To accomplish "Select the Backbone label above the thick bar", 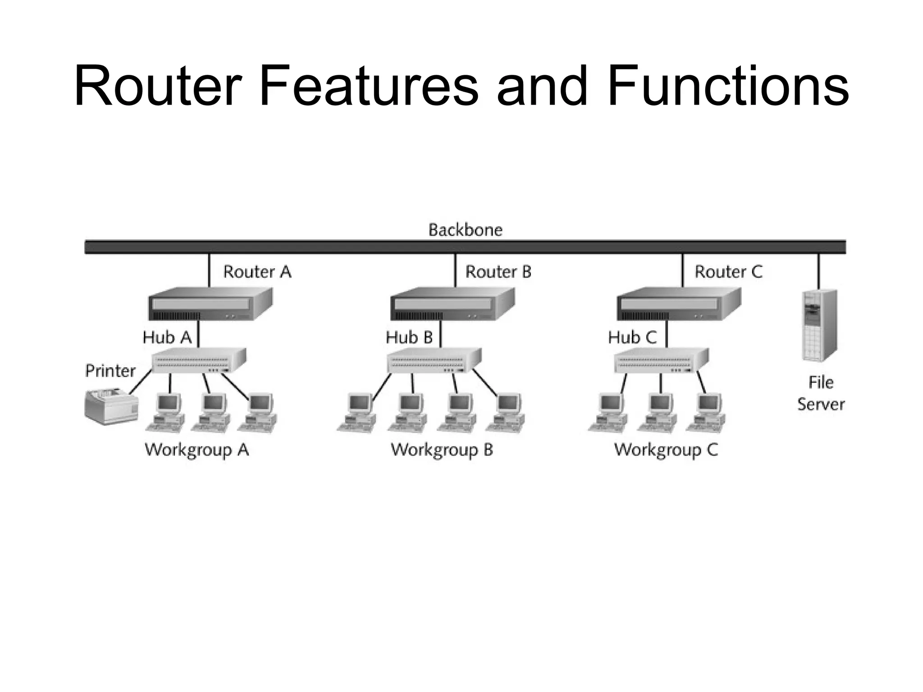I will coord(465,230).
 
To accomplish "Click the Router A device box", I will coord(210,304).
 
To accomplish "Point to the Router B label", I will coord(498,272).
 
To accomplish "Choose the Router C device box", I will coord(678,304).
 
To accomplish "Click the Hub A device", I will coord(198,360).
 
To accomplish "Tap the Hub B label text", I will coord(409,337).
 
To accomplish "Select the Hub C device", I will coord(661,360).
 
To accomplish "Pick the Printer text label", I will coord(110,371).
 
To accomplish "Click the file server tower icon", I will coord(819,325).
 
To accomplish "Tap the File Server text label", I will coord(820,393).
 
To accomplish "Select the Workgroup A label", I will coord(197,450).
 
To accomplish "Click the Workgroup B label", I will coord(442,450).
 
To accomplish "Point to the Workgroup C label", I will coord(666,450).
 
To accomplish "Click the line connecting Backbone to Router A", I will coord(209,270).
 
